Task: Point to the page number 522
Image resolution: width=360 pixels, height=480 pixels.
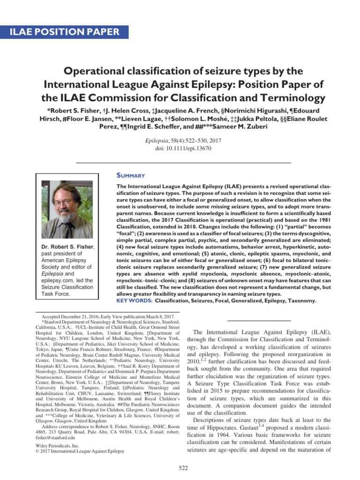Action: point(180,467)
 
